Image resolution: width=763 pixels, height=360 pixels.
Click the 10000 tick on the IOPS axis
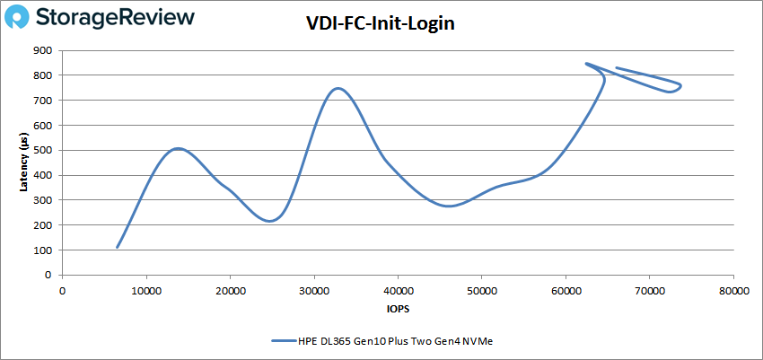[145, 290]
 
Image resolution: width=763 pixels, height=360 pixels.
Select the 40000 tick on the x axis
[398, 290]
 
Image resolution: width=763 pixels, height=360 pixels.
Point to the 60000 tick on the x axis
[566, 290]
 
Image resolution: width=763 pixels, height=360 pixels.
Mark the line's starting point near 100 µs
[118, 247]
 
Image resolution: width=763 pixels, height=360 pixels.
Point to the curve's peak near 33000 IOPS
[338, 88]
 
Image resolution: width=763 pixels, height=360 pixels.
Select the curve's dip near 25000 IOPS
[269, 221]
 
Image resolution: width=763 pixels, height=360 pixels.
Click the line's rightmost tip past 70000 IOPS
[680, 86]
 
